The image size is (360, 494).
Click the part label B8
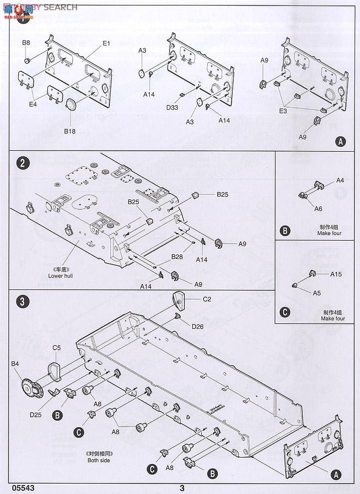[x=26, y=43]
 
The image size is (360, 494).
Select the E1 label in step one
[x=106, y=43]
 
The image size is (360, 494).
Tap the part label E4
[x=32, y=104]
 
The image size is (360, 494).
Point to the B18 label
[x=69, y=131]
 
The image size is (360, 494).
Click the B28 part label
[x=177, y=256]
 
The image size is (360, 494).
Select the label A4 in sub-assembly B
[x=340, y=180]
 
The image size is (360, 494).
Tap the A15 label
[x=336, y=274]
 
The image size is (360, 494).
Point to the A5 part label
[x=317, y=293]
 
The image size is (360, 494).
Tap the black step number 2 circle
[x=21, y=163]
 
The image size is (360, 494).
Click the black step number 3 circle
[x=21, y=301]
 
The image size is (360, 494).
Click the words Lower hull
[x=60, y=275]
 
